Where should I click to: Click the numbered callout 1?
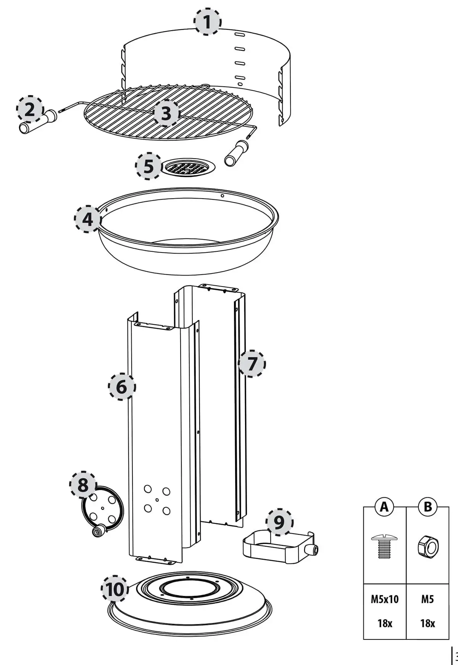[207, 22]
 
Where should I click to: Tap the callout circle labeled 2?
[30, 110]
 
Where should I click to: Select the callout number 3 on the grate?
[166, 113]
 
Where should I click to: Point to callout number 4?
[88, 219]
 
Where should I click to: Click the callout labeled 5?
[149, 166]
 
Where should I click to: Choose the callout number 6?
[122, 387]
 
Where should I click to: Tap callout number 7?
[252, 363]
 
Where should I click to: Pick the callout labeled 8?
[83, 485]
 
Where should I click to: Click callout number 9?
[280, 523]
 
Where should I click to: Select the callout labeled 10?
[115, 589]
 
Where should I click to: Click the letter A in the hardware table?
[384, 507]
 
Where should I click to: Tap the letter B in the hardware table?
[428, 507]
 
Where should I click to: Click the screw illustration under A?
[385, 546]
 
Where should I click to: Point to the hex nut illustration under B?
[428, 547]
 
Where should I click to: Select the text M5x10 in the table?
[385, 599]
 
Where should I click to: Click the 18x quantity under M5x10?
[385, 623]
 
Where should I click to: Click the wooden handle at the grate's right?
[236, 153]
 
